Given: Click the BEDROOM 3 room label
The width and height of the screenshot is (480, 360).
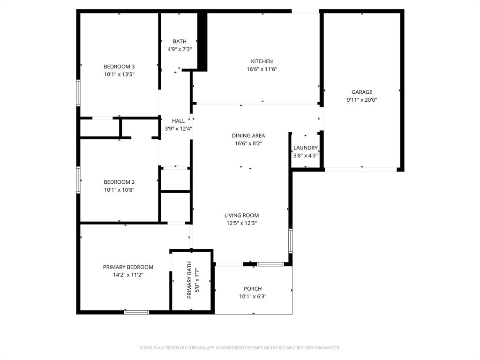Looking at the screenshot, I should [x=119, y=67].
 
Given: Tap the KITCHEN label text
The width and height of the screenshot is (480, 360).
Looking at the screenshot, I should [x=262, y=61].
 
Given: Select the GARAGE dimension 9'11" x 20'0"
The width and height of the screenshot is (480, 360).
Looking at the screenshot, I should [x=362, y=100].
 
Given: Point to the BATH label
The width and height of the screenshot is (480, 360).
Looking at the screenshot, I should [x=179, y=42].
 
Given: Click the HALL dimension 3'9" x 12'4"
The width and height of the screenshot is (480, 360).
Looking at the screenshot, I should [x=178, y=129].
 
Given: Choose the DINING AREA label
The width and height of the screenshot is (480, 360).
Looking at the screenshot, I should [x=248, y=136].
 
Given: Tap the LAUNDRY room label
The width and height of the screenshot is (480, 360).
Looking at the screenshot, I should [x=306, y=148].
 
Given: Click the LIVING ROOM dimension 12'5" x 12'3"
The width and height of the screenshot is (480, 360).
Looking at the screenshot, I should [x=241, y=224].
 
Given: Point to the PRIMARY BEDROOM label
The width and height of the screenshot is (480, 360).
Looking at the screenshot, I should [x=128, y=267].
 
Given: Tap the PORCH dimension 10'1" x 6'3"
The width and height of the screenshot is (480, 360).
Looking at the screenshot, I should [x=253, y=297].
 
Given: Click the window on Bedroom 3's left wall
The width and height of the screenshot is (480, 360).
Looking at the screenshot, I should [x=78, y=92].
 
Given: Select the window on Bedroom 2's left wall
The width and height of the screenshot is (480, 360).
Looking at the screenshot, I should [x=78, y=180].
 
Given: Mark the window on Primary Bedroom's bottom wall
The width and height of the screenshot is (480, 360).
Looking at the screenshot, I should [x=137, y=312].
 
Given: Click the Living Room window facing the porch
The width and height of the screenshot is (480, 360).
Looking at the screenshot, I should [x=270, y=264].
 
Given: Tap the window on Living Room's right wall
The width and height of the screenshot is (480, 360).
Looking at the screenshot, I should [x=291, y=240].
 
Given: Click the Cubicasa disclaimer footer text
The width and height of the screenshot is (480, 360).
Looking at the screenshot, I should [x=240, y=348].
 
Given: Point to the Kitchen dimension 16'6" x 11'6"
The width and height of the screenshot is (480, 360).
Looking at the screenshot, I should [x=262, y=69].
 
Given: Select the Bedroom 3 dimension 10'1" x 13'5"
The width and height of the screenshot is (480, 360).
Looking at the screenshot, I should [x=119, y=75].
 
